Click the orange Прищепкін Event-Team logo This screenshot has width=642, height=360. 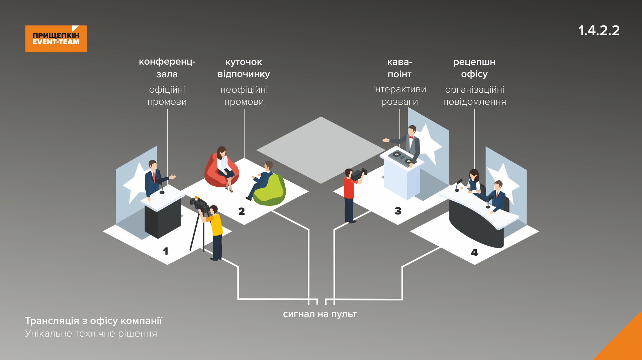coord(56,38)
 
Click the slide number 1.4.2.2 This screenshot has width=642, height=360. coord(599,30)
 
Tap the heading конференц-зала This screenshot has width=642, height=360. coord(167,68)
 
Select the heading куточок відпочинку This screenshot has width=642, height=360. coord(244,68)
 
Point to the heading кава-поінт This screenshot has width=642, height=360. coord(399,68)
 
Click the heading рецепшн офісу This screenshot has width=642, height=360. coord(474,68)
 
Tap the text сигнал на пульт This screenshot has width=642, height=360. coord(320,314)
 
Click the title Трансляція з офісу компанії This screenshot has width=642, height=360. coord(93,321)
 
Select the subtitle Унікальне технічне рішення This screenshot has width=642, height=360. coord(91,334)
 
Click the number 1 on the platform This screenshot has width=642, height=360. coord(166,251)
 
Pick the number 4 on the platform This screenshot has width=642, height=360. coord(474,253)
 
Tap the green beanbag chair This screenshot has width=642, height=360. coord(270,191)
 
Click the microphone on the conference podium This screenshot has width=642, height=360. coord(161,187)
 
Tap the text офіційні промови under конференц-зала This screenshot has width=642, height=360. coord(167,96)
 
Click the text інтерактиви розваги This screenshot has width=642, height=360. coord(399,96)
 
